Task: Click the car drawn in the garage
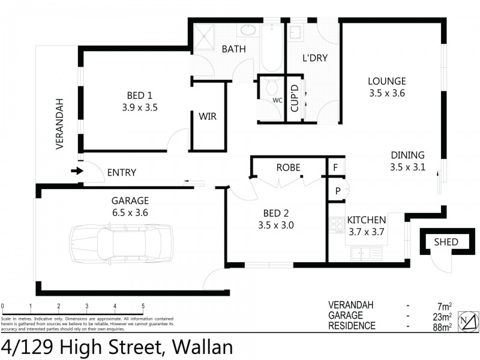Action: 121,244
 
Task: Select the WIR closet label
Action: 208,117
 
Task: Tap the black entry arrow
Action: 77,172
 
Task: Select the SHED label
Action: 446,242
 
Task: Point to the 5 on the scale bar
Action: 143,306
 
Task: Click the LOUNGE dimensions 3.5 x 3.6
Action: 387,93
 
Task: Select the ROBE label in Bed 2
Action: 288,167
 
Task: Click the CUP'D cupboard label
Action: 294,99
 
